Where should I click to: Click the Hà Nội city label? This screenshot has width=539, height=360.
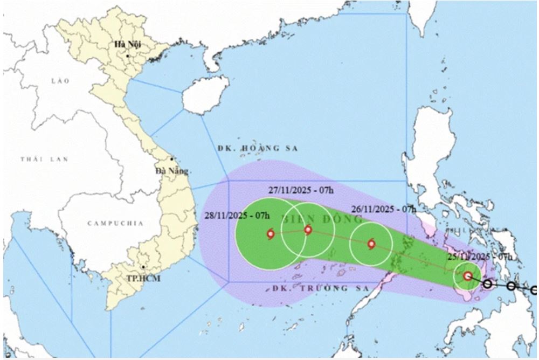(127, 45)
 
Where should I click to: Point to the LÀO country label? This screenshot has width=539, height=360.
(61, 81)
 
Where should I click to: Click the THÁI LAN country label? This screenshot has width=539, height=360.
(38, 160)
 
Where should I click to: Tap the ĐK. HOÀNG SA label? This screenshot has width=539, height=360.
(258, 148)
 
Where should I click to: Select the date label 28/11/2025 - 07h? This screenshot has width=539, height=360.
(237, 216)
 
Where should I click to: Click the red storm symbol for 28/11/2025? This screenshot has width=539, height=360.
(270, 234)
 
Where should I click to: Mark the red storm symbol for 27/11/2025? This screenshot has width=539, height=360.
(308, 230)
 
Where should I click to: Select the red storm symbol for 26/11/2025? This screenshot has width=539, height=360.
(371, 244)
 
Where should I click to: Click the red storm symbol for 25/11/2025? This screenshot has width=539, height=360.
(468, 276)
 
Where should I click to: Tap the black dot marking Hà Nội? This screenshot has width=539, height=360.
(128, 56)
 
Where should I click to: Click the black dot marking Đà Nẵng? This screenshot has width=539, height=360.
(172, 159)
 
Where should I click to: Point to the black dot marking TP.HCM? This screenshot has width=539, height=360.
(143, 267)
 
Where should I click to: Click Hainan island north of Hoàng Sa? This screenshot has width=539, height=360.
(204, 95)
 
